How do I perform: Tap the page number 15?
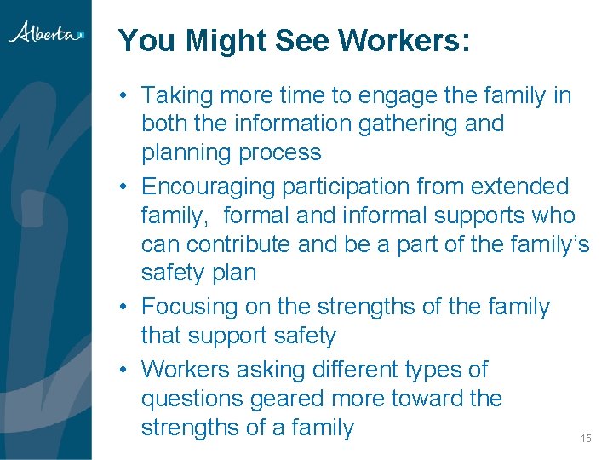click(x=585, y=438)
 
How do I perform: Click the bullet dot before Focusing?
click(x=124, y=307)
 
